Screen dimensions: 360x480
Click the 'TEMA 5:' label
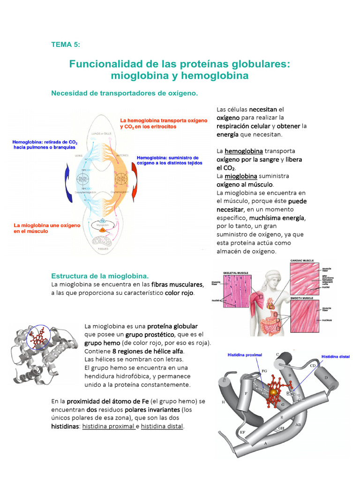[66, 45]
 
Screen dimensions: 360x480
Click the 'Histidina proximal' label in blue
[245, 355]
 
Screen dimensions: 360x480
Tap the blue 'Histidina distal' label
[336, 357]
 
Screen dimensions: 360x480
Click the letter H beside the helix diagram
[223, 402]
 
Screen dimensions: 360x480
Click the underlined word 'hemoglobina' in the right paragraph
[243, 151]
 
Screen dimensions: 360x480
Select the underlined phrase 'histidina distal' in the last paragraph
[162, 427]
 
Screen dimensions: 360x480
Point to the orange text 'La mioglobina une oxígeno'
[46, 225]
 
